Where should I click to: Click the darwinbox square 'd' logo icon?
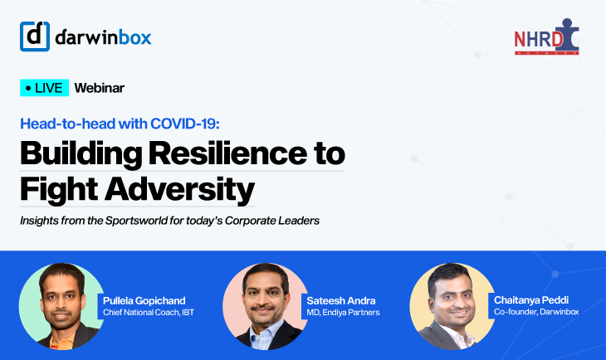35,36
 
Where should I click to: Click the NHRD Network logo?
546,36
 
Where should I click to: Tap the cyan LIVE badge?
45,88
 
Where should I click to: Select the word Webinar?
100,88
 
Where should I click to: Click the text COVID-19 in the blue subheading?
185,124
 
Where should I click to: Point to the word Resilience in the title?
227,153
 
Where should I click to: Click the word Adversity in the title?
179,190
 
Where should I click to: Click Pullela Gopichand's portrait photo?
61,306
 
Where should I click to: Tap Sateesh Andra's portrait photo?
265,306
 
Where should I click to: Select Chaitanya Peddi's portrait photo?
452,306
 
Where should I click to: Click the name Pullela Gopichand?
144,301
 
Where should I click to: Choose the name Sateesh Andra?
341,300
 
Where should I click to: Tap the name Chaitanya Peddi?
531,300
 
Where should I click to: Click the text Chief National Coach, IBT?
149,313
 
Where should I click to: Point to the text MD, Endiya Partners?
343,313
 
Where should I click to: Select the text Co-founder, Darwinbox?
536,312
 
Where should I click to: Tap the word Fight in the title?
59,190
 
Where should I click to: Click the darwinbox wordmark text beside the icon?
103,37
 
